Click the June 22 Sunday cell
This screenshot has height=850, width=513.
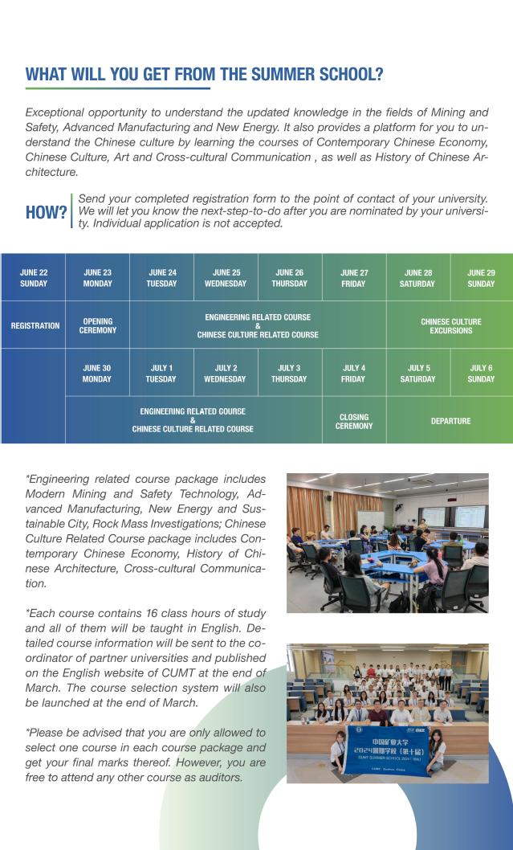tap(33, 278)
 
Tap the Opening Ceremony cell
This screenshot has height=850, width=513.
tap(97, 325)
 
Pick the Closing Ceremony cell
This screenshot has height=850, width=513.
tap(354, 421)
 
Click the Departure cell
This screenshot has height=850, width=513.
tap(450, 421)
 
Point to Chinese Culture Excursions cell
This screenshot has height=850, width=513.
tap(450, 325)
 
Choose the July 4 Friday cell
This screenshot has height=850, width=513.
tap(353, 374)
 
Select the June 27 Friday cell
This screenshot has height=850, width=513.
tap(353, 278)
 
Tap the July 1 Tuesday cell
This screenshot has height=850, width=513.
tap(161, 374)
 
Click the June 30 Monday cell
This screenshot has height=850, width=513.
tap(97, 374)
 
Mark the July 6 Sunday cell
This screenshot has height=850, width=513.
tap(482, 374)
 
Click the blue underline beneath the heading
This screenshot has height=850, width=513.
tap(118, 88)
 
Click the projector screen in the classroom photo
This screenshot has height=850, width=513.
tap(470, 517)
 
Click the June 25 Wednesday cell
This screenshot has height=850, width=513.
tap(226, 278)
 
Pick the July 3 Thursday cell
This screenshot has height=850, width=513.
tap(289, 374)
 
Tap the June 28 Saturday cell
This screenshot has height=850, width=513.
tap(417, 278)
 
